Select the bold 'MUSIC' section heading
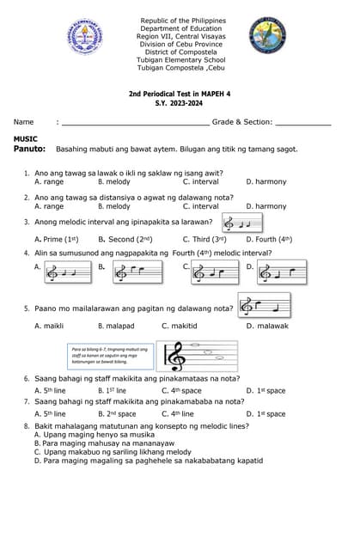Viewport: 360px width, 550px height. [x=26, y=138]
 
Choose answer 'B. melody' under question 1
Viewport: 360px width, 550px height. [x=114, y=182]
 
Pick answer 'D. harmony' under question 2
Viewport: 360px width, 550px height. [x=266, y=206]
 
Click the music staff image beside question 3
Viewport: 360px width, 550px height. [x=241, y=223]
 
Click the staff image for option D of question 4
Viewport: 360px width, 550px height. [x=281, y=272]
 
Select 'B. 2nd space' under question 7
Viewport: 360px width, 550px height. [x=117, y=414]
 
